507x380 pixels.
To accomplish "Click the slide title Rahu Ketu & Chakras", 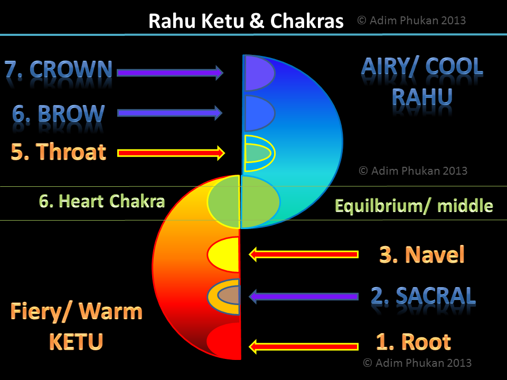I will pos(246,21).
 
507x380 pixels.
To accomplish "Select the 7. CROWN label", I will pos(59,70).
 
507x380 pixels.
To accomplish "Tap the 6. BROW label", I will pos(59,113).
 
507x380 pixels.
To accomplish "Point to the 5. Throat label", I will pos(59,152).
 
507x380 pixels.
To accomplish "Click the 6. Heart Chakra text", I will pos(102,201).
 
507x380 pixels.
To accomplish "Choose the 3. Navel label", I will pos(421,255).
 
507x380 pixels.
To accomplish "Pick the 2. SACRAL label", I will pos(422,296).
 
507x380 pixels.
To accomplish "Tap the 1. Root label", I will pos(413,341).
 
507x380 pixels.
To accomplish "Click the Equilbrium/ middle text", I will pos(414,205).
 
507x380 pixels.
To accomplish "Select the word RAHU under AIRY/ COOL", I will pos(422,97).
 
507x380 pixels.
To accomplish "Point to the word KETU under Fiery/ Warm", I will pos(76,341).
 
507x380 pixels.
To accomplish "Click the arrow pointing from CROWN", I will pos(170,72).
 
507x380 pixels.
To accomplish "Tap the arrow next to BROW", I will pos(170,112).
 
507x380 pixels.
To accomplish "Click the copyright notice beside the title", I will pos(411,21).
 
